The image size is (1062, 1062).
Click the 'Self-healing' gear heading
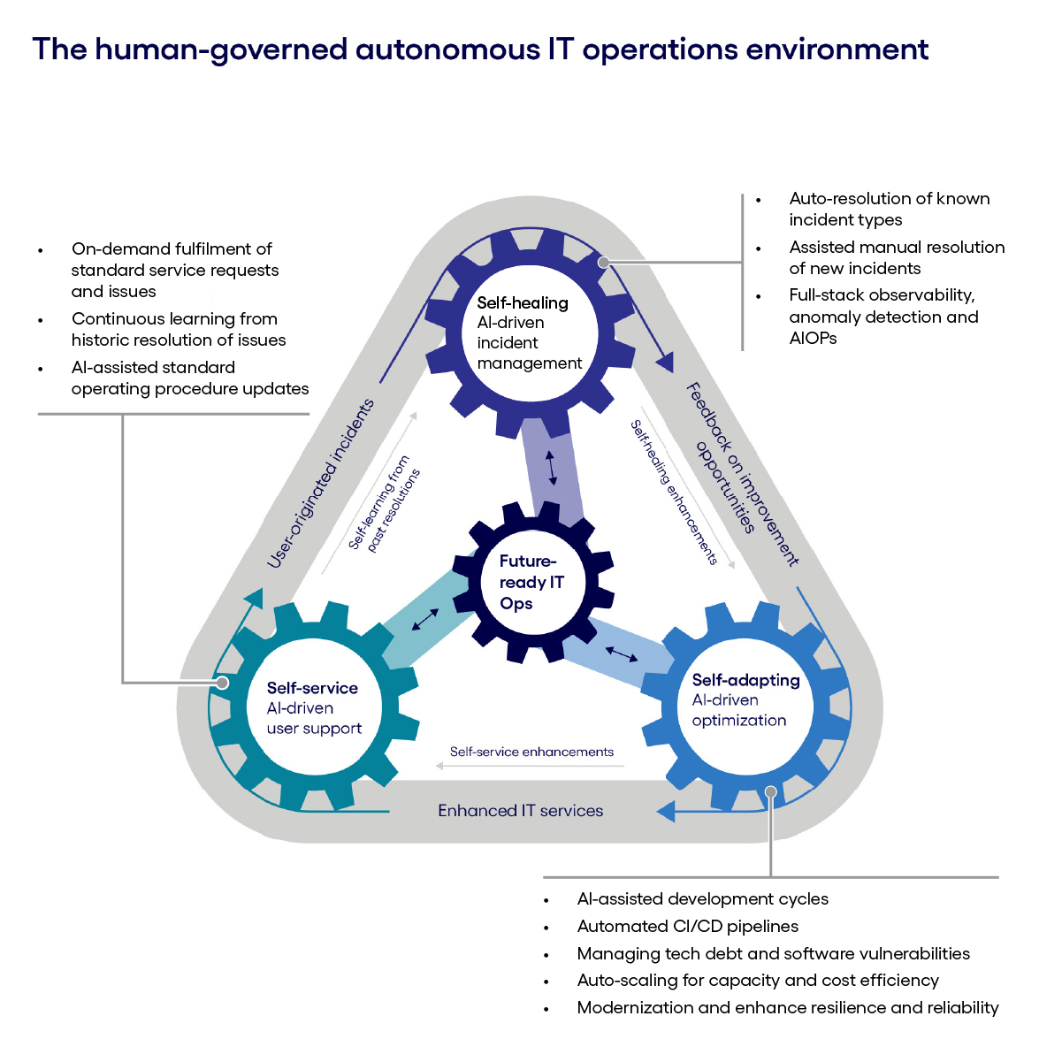pyautogui.click(x=523, y=302)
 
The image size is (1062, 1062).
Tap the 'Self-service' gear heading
pyautogui.click(x=312, y=688)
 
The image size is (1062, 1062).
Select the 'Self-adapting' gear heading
pyautogui.click(x=745, y=680)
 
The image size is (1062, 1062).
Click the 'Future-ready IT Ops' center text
pyautogui.click(x=531, y=582)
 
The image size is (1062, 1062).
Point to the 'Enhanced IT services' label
pyautogui.click(x=520, y=811)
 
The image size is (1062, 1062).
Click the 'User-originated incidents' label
pyautogui.click(x=321, y=483)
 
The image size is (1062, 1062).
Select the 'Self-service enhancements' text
pyautogui.click(x=531, y=752)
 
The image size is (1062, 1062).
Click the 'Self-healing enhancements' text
pyautogui.click(x=674, y=492)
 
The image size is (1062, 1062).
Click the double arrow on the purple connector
pyautogui.click(x=552, y=469)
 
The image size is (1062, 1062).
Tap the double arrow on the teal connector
pyautogui.click(x=425, y=620)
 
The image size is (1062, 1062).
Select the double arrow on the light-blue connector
pyautogui.click(x=621, y=654)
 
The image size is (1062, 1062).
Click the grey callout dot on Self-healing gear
pyautogui.click(x=603, y=262)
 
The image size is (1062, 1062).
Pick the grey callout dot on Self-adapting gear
pyautogui.click(x=771, y=792)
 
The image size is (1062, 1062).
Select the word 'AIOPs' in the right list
pyautogui.click(x=813, y=338)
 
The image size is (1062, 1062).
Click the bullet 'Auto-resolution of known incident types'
pyautogui.click(x=889, y=209)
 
